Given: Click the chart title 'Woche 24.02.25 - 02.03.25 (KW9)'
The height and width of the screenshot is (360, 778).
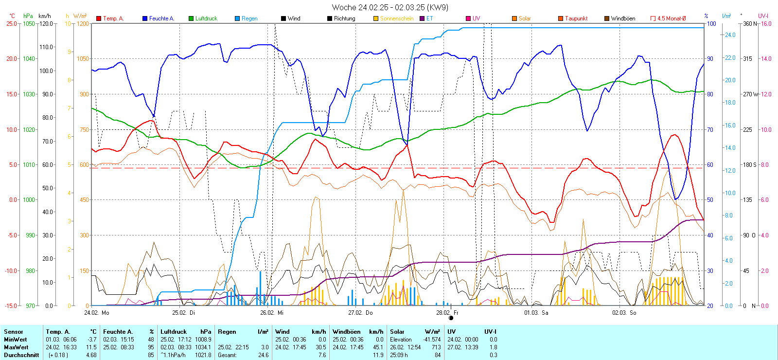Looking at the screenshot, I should coord(390,7).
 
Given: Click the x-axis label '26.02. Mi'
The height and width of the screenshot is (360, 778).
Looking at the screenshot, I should coord(272,313).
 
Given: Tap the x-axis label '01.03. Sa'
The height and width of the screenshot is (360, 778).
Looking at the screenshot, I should coord(536,313).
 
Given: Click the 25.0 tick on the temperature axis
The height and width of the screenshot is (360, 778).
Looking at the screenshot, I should coord(12,23).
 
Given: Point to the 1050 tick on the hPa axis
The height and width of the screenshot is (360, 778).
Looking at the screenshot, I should coord(29,23).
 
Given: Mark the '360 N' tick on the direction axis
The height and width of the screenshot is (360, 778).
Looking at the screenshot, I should coord(750,23).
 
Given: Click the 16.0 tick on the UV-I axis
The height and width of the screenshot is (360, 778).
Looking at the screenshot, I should coord(766,23).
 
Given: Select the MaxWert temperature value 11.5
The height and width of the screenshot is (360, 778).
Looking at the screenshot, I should coord(91,347).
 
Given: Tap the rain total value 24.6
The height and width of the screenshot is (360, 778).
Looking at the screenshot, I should coord(263,355).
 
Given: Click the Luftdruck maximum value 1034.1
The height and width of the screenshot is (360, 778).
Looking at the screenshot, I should coord(203,347).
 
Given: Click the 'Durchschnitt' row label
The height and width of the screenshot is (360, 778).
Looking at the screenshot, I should coord(21,355).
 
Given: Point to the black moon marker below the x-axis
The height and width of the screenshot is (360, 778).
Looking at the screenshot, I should coord(451,318).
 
